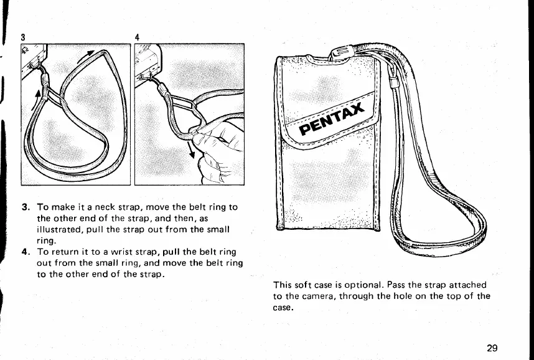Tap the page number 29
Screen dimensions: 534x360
[492, 348]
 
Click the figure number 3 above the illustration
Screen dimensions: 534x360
[22, 36]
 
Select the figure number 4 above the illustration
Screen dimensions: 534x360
[137, 36]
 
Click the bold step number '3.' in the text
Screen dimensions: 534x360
[26, 207]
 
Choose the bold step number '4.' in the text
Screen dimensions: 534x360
[26, 252]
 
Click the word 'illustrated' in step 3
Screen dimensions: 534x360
[60, 229]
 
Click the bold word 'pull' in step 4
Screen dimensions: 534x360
[171, 252]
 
